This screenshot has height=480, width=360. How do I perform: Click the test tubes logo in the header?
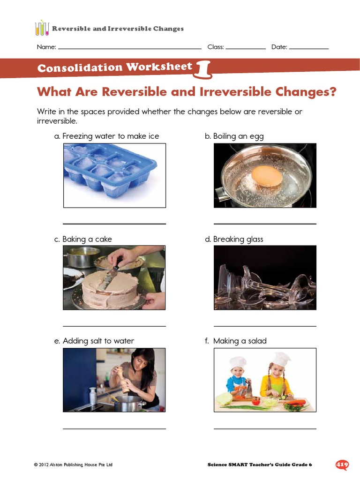42,29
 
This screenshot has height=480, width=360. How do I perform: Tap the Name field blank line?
129,49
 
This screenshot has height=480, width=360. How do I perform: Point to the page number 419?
342,465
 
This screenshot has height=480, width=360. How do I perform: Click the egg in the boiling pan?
267,175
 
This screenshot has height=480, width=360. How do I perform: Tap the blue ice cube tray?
111,168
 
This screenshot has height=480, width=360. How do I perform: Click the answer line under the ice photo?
114,224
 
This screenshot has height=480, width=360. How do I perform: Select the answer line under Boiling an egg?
265,224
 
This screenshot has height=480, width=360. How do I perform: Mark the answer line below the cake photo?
114,326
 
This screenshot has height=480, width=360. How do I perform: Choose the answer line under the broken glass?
265,326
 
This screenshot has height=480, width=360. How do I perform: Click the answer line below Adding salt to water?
114,428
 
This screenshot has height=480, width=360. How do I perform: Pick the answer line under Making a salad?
265,428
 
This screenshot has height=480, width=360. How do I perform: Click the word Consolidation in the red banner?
80,68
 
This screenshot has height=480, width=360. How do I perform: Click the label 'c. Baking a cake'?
83,239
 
